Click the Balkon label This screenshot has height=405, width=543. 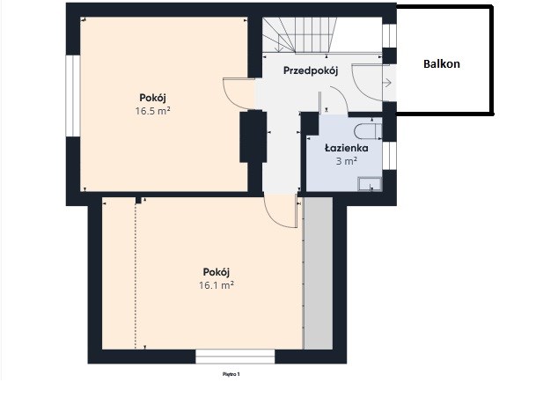pyautogui.click(x=442, y=64)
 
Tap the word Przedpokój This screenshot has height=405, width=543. pyautogui.click(x=311, y=70)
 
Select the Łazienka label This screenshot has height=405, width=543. pyautogui.click(x=346, y=148)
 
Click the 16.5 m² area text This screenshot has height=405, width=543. pyautogui.click(x=153, y=111)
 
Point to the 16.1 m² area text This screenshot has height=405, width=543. pyautogui.click(x=216, y=285)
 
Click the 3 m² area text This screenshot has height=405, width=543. pyautogui.click(x=347, y=161)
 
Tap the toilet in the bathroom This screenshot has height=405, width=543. pyautogui.click(x=367, y=131)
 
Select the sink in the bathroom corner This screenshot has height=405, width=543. pyautogui.click(x=370, y=184)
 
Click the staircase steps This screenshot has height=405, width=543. pyautogui.click(x=299, y=35)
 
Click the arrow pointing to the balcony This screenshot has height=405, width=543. pyautogui.click(x=387, y=83)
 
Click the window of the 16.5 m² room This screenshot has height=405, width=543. pyautogui.click(x=73, y=96)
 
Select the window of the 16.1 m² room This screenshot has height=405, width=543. pyautogui.click(x=235, y=357)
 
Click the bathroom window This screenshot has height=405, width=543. pyautogui.click(x=389, y=156)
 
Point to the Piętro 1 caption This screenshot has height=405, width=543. pyautogui.click(x=231, y=374)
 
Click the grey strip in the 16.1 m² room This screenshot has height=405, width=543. pyautogui.click(x=319, y=273)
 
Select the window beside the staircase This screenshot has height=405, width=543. pyautogui.click(x=389, y=36)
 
